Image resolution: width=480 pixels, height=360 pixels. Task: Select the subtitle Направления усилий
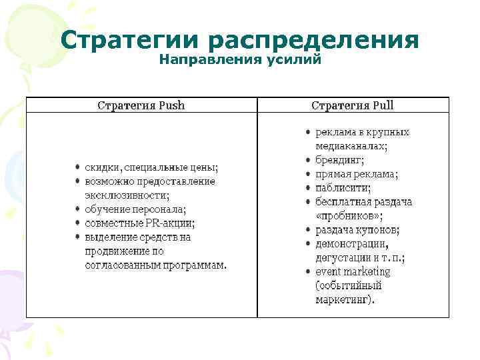pyautogui.click(x=240, y=61)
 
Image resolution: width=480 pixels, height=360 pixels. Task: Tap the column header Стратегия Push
pyautogui.click(x=141, y=105)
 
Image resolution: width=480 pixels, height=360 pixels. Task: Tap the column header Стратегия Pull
pyautogui.click(x=353, y=105)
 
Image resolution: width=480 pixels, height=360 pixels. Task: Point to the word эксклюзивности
pyautogui.click(x=127, y=195)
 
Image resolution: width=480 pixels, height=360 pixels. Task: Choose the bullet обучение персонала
pyautogui.click(x=141, y=209)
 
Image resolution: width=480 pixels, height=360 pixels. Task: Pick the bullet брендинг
pyautogui.click(x=339, y=160)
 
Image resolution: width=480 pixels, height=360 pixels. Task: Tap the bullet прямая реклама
pyautogui.click(x=357, y=174)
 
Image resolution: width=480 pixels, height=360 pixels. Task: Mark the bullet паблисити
pyautogui.click(x=343, y=188)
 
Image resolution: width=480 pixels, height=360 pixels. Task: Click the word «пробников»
pyautogui.click(x=349, y=216)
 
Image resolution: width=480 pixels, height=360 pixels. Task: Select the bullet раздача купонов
pyautogui.click(x=357, y=230)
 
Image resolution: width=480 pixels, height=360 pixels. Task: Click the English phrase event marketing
pyautogui.click(x=353, y=272)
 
